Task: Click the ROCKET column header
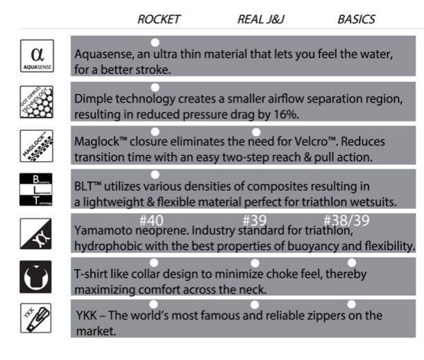coord(159,19)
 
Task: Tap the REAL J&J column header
coord(261,19)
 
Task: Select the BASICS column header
coord(356,19)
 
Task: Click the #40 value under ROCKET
coord(153,221)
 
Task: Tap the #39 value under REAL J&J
coord(255,221)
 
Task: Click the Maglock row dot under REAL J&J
coord(256,131)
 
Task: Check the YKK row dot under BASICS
coord(352,304)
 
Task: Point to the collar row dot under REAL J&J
coord(255,262)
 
